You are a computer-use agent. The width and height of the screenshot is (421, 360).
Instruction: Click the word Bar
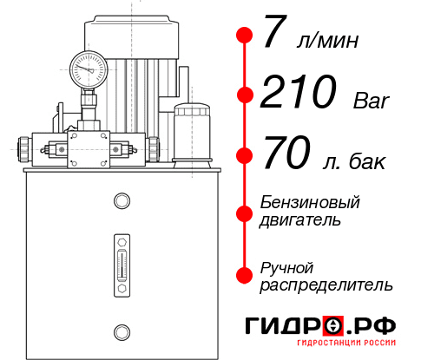372,101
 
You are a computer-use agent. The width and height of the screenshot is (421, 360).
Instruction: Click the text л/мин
326,40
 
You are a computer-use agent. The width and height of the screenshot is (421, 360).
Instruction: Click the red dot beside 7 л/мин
244,36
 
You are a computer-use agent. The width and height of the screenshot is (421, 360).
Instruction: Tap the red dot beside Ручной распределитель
244,275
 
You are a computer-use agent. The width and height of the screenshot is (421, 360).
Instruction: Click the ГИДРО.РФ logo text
320,326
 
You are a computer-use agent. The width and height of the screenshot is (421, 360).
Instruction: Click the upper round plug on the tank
121,201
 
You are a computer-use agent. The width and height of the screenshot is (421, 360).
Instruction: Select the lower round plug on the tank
121,331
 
